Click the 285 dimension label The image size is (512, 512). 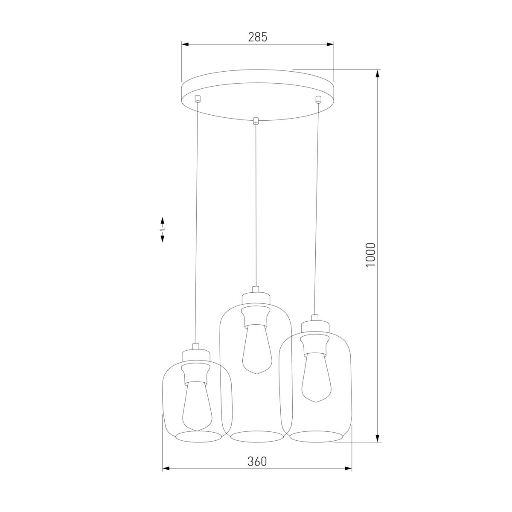(257, 37)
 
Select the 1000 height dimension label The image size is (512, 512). (371, 255)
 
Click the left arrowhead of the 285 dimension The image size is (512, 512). (185, 44)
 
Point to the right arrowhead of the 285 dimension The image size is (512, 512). (330, 44)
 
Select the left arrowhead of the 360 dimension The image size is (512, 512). (166, 476)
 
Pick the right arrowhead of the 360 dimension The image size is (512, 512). (348, 476)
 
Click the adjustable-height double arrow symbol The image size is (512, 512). (162, 230)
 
